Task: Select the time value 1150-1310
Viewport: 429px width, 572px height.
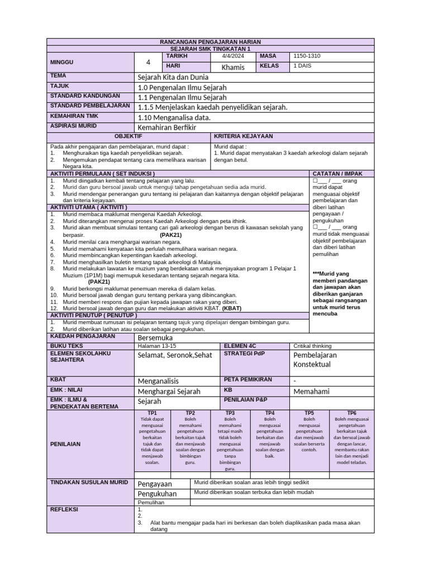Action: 307,56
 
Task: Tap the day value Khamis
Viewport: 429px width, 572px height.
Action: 233,67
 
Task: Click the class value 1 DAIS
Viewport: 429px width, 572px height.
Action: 303,66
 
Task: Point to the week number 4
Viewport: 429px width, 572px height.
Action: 148,62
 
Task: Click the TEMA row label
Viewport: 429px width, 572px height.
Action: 58,75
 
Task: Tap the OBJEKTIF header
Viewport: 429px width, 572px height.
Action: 128,136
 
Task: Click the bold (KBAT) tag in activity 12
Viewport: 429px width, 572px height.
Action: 232,308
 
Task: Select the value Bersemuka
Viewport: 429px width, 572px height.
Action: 155,338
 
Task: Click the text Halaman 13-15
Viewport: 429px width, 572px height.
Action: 157,346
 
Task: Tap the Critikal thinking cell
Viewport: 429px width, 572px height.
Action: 312,346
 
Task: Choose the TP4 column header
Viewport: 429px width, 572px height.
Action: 270,413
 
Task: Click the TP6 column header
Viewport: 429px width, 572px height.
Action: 351,413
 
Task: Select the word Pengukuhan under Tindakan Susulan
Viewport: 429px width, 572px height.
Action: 157,494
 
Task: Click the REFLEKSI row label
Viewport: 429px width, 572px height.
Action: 64,509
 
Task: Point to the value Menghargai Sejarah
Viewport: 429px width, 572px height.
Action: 169,392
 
